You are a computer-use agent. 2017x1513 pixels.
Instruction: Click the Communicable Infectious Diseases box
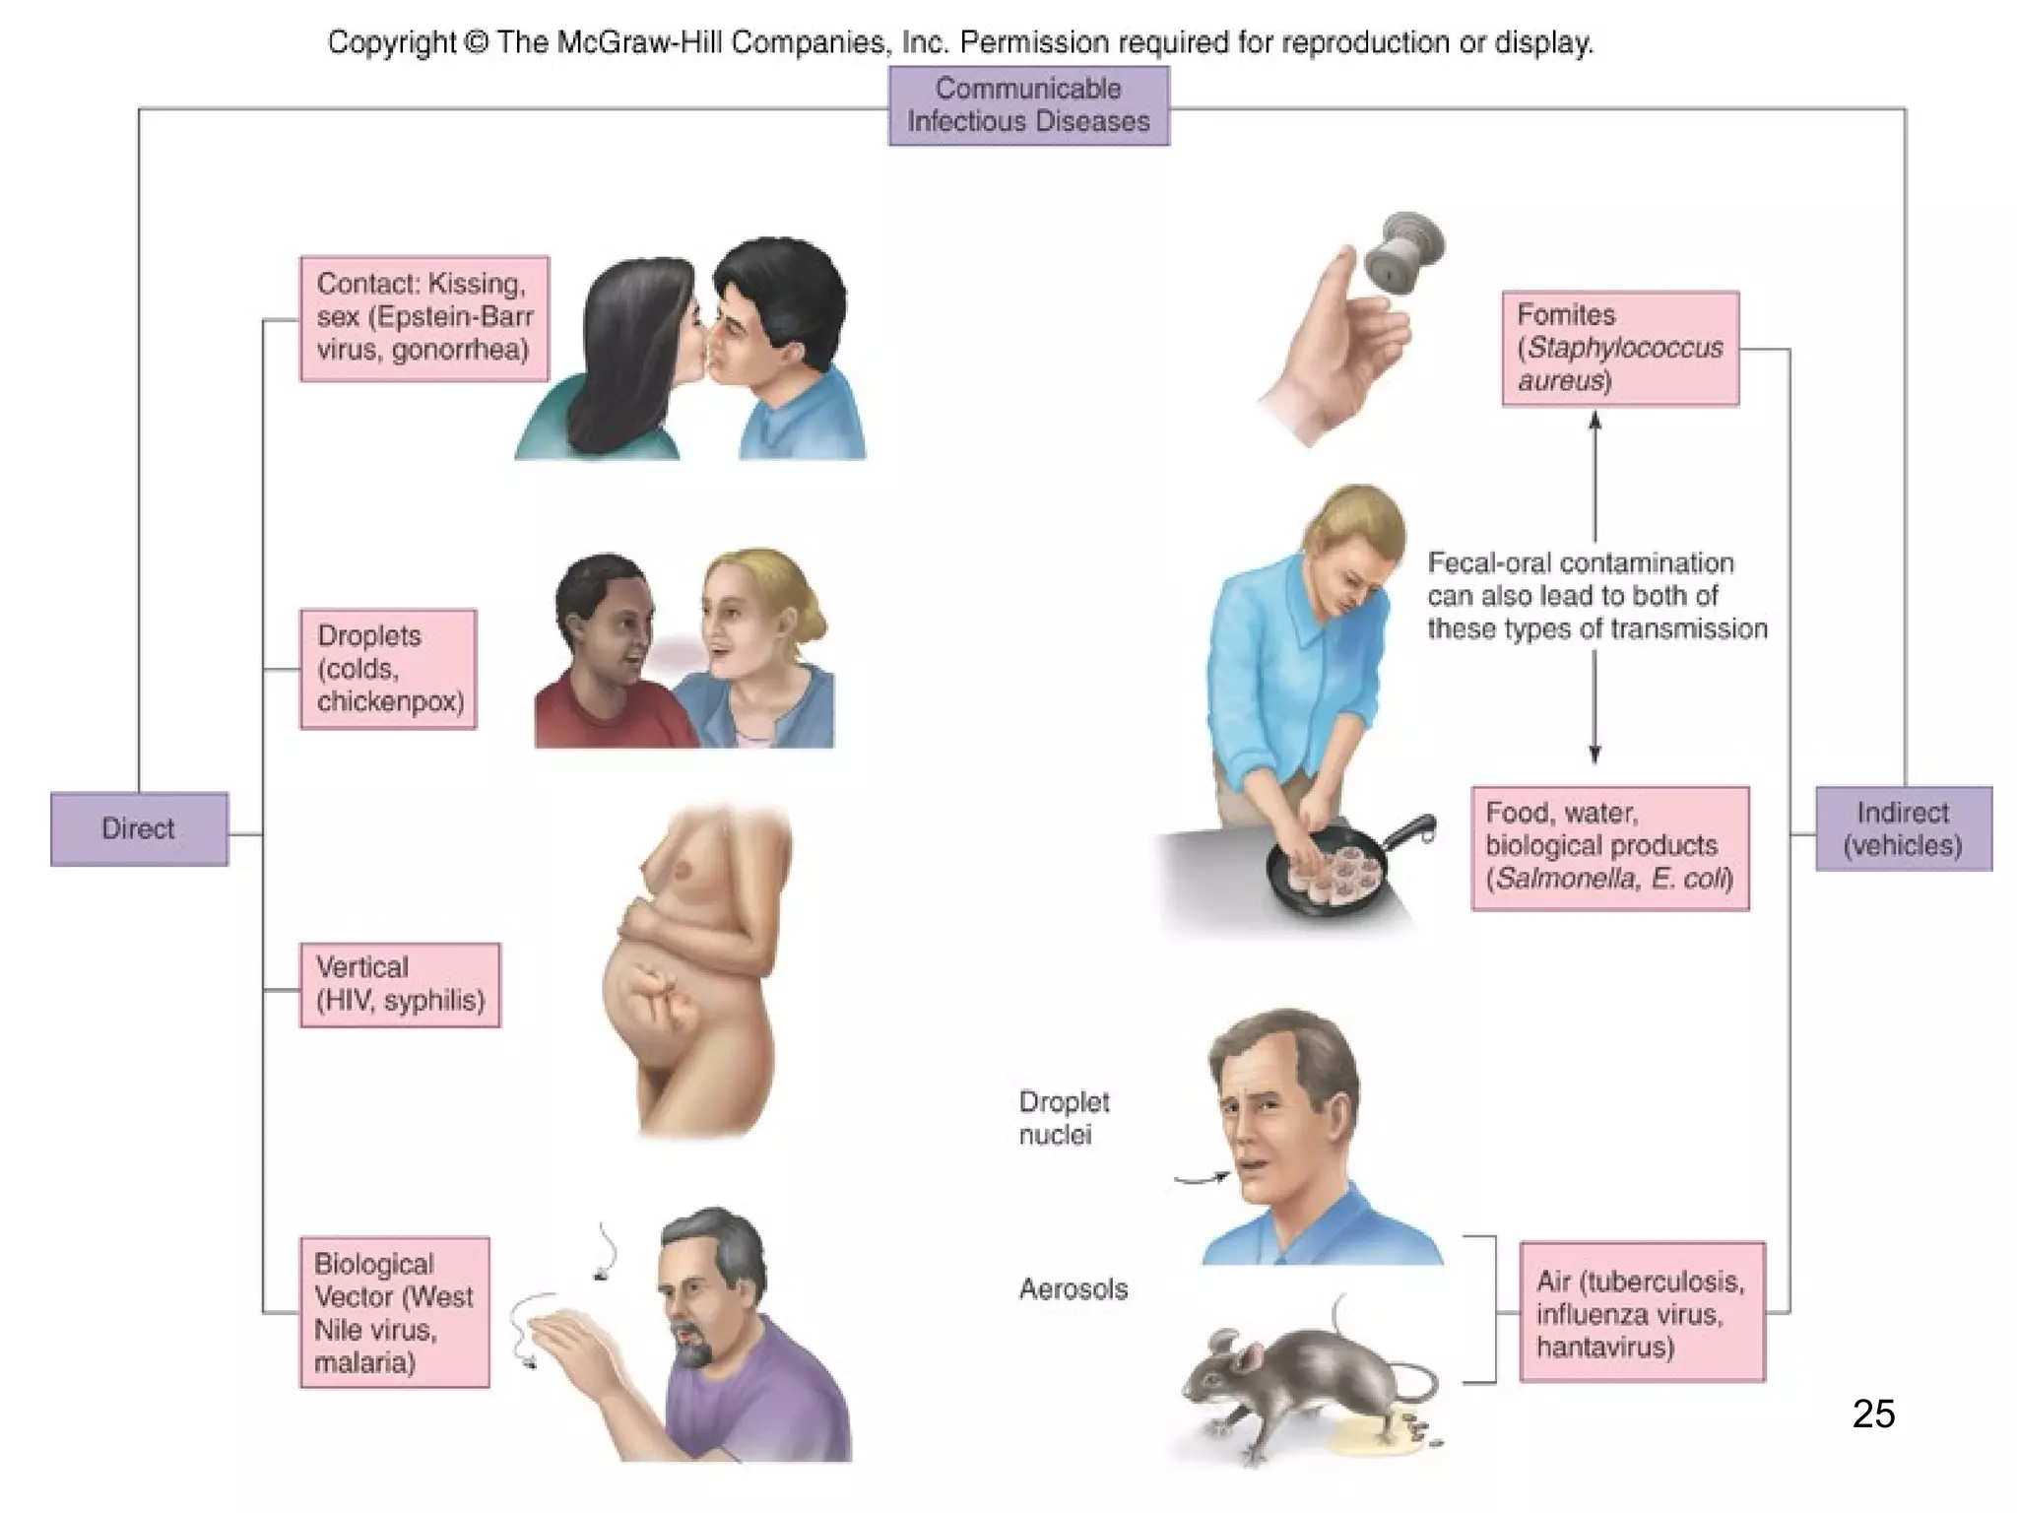1028,105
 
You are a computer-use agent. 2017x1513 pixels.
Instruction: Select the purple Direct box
139,828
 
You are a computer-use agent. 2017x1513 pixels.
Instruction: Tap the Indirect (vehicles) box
1903,828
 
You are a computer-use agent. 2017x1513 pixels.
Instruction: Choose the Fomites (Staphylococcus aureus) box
1620,348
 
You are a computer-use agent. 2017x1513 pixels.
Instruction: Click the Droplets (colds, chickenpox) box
388,669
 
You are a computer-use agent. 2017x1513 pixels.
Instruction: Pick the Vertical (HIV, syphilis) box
400,984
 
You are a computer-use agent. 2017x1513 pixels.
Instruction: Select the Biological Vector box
394,1312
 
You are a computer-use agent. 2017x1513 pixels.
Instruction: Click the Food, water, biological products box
1609,847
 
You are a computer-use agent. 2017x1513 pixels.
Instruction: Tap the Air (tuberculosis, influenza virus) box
1642,1312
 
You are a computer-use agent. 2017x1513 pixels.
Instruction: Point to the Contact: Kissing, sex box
424,317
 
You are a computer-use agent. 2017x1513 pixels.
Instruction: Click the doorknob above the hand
1403,252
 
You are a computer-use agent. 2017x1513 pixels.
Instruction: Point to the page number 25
1873,1414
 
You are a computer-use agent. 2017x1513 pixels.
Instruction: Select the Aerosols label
1073,1288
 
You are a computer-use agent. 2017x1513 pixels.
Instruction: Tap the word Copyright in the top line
392,42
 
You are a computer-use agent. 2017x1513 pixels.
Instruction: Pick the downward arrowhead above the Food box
1595,755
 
